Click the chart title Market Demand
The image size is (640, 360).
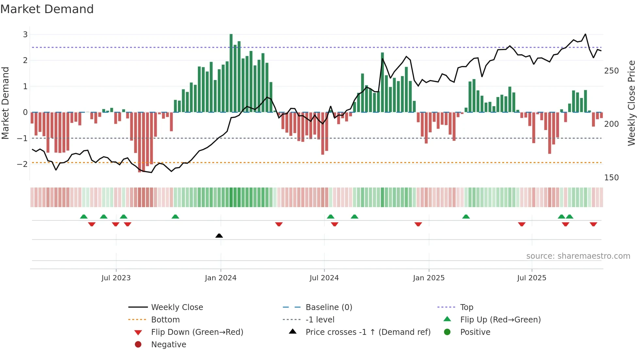click(x=47, y=9)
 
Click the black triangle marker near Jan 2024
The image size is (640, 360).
click(x=219, y=236)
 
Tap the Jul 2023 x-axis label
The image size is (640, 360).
click(x=116, y=278)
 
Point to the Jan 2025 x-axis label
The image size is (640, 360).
click(x=428, y=278)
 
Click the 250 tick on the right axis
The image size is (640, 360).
click(x=611, y=71)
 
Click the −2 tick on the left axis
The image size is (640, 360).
click(x=22, y=164)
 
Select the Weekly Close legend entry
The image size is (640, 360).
click(x=177, y=307)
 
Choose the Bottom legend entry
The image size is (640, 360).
click(x=165, y=320)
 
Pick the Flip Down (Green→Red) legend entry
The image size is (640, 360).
click(x=197, y=332)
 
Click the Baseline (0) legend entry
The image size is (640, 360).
click(x=328, y=307)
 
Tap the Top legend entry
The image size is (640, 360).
click(x=467, y=307)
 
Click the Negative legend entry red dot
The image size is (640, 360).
click(x=138, y=345)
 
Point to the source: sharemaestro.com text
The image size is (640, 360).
click(x=578, y=256)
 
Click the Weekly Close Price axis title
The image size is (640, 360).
click(x=632, y=103)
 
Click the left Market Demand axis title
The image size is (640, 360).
click(x=5, y=103)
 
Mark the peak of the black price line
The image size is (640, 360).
click(x=585, y=34)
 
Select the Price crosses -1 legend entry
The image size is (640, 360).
click(x=368, y=332)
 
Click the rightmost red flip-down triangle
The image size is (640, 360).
click(x=593, y=224)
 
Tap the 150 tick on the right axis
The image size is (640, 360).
click(x=611, y=178)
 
